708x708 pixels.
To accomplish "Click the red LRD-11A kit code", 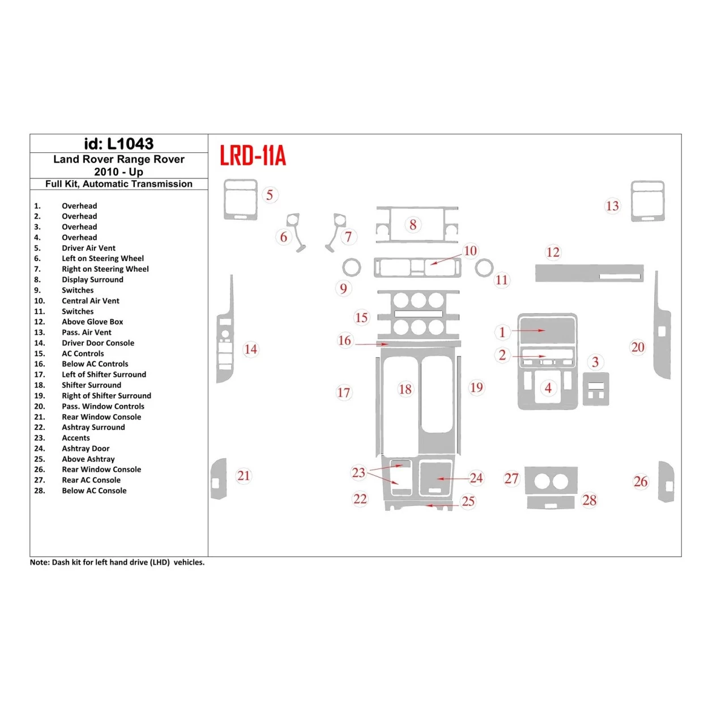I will click(253, 155).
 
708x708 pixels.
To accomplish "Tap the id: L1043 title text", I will click(119, 144).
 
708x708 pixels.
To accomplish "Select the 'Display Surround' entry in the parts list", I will click(92, 280).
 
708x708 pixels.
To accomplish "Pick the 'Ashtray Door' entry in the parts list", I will click(86, 449).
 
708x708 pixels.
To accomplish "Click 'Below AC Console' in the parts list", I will click(94, 491).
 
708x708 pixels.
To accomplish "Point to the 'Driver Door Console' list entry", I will click(98, 343).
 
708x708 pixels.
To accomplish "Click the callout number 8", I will click(413, 225).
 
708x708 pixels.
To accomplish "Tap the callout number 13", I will click(612, 206).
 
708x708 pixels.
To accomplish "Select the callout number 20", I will click(638, 347).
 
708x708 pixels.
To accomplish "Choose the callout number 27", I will click(511, 479).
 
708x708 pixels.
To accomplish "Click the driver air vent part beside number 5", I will click(241, 199).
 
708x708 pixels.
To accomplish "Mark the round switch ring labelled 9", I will click(352, 267).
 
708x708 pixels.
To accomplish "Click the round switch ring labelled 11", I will click(484, 267).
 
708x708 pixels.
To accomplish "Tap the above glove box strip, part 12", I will click(589, 273).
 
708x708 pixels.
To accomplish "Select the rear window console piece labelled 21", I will click(219, 479).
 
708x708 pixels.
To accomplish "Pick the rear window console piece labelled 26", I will click(666, 482).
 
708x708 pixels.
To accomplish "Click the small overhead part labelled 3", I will click(596, 389).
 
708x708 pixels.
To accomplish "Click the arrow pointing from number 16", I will click(372, 344).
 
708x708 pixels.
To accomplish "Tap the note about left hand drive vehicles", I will click(117, 562).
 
